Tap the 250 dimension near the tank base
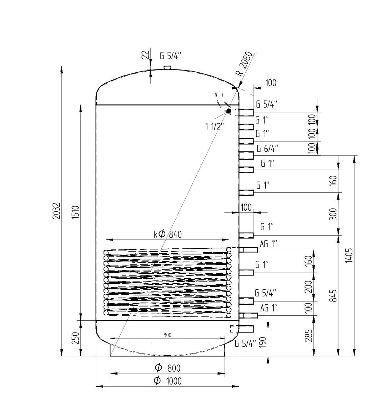pos(76,339)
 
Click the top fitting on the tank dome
pos(167,67)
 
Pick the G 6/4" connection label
pos(267,148)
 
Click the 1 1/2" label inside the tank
pos(215,126)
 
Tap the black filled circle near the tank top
pos(228,111)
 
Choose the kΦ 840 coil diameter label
pos(168,234)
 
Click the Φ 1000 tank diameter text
pos(167,381)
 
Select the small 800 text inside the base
pos(167,335)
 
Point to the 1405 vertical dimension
pos(350,255)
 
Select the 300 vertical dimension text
pos(332,214)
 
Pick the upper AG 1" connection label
pos(268,244)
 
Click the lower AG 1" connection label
pos(269,308)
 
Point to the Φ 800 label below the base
pos(167,367)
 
